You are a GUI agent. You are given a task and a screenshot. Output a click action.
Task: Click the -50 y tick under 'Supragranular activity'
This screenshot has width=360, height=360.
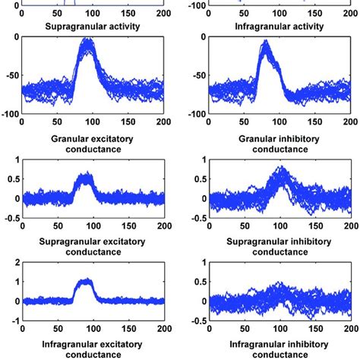pyautogui.click(x=11, y=77)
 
